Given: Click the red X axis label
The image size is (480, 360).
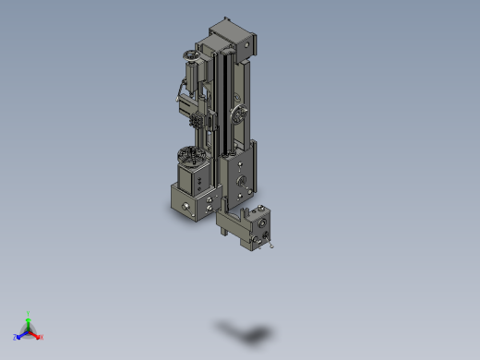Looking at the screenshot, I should click(x=42, y=337).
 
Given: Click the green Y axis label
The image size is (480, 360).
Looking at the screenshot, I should click(x=29, y=313).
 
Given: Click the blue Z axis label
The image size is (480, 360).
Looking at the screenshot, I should click(x=15, y=338).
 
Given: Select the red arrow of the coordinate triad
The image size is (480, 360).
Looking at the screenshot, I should click(x=35, y=333).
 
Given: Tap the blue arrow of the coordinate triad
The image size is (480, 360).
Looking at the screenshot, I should click(x=21, y=334).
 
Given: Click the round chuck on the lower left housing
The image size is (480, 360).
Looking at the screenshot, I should click(x=191, y=155).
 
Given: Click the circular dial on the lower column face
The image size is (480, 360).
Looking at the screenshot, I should click(x=242, y=185).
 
